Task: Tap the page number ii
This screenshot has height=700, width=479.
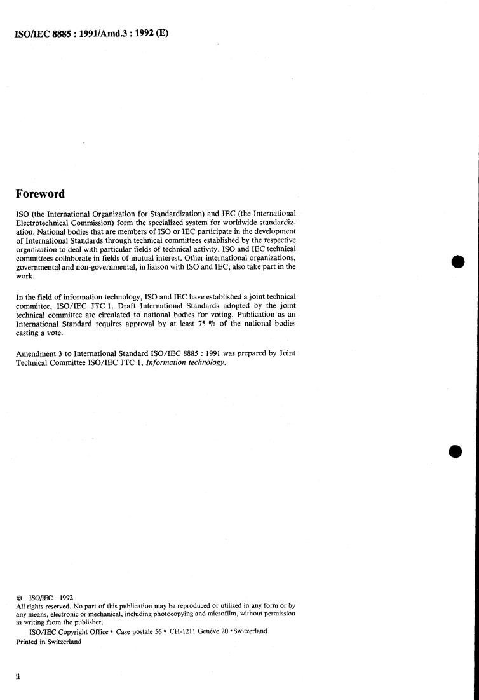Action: click(x=18, y=676)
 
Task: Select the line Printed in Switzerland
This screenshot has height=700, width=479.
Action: click(x=48, y=641)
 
